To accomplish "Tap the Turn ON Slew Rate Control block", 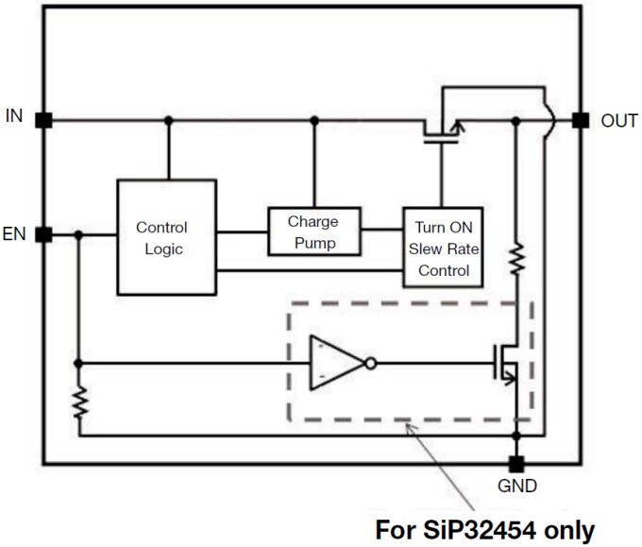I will click(442, 248).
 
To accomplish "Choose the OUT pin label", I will click(619, 121).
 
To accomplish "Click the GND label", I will click(516, 487).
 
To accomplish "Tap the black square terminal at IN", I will click(42, 120).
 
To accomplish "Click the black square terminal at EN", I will click(42, 234).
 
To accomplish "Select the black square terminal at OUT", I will click(581, 120).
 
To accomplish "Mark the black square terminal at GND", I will click(515, 464).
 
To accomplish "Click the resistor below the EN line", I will click(80, 403).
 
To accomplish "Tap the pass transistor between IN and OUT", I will click(442, 130).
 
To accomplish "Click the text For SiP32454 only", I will click(485, 529).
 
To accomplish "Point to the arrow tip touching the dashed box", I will click(407, 427).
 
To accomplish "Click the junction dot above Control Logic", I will click(168, 120).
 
